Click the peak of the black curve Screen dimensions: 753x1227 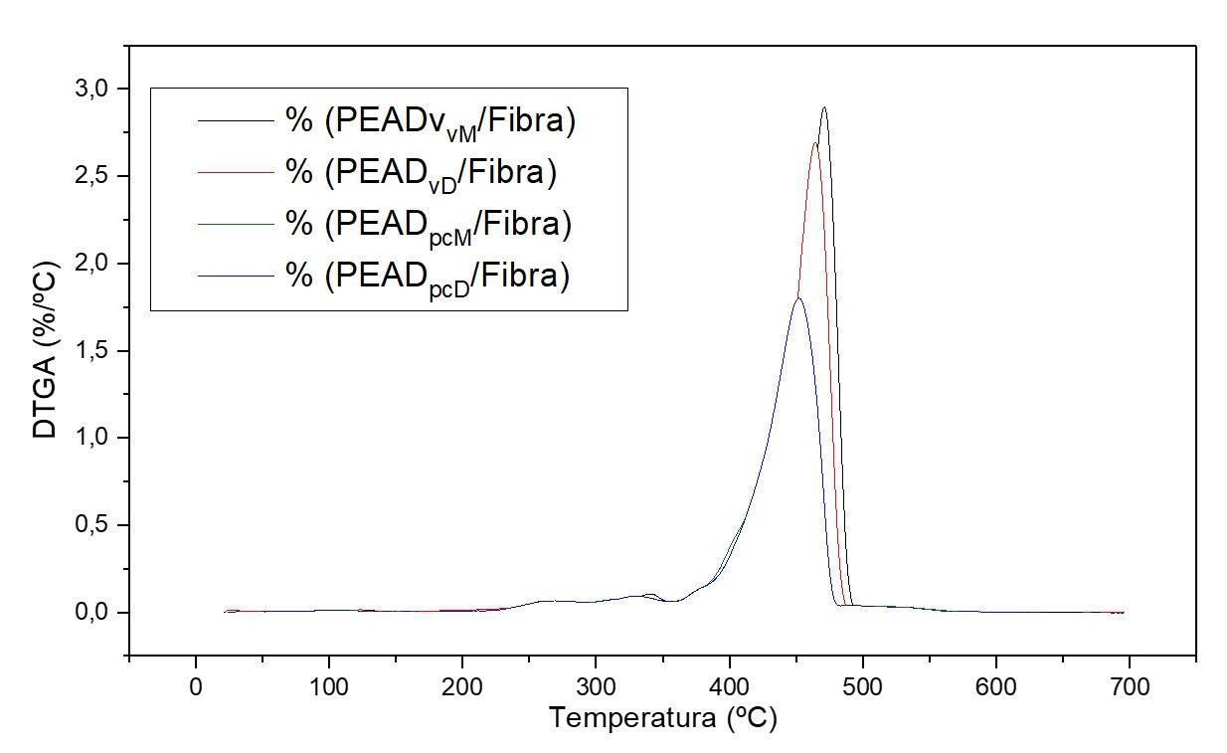pyautogui.click(x=823, y=108)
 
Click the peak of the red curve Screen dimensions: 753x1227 pyautogui.click(x=814, y=143)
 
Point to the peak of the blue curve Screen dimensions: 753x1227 pyautogui.click(x=797, y=298)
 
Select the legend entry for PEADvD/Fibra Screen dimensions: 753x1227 pyautogui.click(x=421, y=173)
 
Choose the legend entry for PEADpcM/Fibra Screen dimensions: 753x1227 pyautogui.click(x=429, y=224)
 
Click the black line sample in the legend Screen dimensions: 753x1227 pyautogui.click(x=236, y=121)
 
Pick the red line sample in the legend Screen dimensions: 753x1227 pyautogui.click(x=236, y=173)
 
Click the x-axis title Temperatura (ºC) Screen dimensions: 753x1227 pyautogui.click(x=662, y=719)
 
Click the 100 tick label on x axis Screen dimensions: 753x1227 pyautogui.click(x=328, y=686)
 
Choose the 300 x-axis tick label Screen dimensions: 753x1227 pyautogui.click(x=595, y=686)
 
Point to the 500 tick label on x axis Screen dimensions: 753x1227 pyautogui.click(x=862, y=686)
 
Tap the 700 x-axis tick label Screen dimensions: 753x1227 pyautogui.click(x=1129, y=686)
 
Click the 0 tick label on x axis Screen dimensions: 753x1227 pyautogui.click(x=195, y=686)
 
